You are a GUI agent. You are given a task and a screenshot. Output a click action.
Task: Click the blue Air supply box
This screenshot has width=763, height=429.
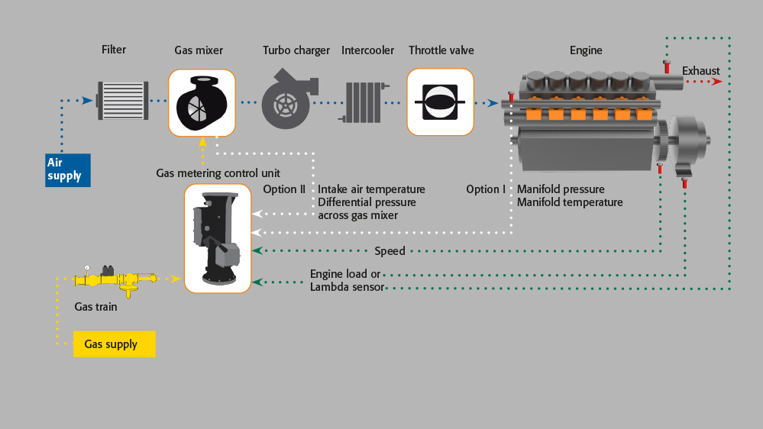(x=68, y=170)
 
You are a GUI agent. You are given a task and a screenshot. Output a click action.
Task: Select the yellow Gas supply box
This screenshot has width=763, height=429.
(x=115, y=344)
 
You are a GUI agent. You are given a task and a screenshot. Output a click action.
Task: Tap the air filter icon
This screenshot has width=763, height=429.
(x=123, y=101)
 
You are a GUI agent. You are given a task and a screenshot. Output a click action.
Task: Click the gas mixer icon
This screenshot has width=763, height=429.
(x=202, y=102)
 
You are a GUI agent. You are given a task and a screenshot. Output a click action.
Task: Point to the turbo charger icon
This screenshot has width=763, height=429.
(x=289, y=99)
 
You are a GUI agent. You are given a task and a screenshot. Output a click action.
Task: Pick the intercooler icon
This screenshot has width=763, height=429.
(x=363, y=102)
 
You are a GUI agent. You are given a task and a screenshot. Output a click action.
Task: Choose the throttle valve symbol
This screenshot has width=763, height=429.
(x=441, y=102)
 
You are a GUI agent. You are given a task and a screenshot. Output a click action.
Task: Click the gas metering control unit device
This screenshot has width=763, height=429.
(x=218, y=238)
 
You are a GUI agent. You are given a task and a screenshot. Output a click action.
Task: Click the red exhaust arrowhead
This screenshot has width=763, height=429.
(x=717, y=81)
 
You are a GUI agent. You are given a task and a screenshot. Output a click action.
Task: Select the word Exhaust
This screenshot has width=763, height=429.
(x=700, y=71)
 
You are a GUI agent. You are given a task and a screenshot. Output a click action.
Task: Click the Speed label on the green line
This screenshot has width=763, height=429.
(x=390, y=251)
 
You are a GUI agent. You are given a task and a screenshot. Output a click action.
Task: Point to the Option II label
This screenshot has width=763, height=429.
(x=284, y=189)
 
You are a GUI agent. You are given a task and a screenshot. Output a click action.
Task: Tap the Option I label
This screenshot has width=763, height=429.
(x=486, y=189)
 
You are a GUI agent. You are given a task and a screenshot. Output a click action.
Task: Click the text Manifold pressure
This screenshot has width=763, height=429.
(x=561, y=189)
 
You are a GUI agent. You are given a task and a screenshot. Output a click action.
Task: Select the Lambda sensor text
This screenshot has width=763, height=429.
(x=347, y=287)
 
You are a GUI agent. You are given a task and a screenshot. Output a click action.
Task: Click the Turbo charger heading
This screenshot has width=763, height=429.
(x=296, y=50)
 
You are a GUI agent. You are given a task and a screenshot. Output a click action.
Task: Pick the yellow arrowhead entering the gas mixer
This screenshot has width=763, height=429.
(x=202, y=141)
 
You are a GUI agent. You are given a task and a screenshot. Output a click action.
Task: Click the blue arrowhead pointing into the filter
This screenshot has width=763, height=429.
(x=88, y=101)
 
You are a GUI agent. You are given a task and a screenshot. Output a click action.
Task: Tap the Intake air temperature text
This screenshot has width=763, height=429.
(x=371, y=189)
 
